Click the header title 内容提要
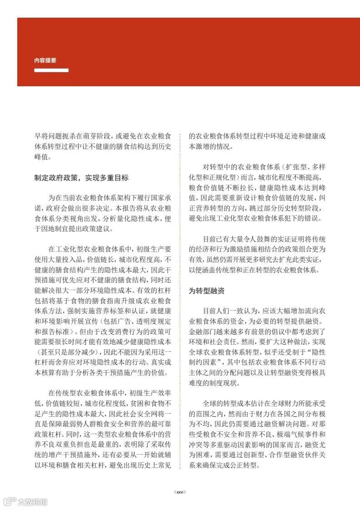click(45, 60)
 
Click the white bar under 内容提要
click(51, 70)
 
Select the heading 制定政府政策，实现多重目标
click(81, 178)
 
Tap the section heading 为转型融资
click(207, 291)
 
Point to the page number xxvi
click(180, 492)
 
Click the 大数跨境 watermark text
click(32, 502)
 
